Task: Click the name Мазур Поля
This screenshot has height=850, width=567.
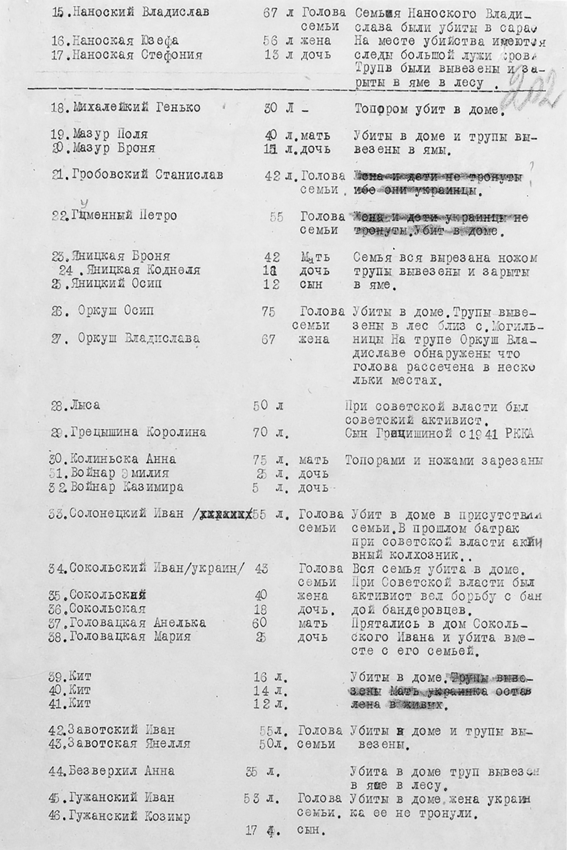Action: point(110,135)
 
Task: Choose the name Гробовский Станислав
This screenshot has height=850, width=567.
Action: point(147,175)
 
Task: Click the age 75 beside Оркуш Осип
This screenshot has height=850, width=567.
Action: point(268,312)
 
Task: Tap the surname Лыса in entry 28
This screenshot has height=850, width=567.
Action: point(86,406)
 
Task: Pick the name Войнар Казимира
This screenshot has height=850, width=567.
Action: point(127,488)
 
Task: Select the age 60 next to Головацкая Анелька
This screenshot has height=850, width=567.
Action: point(260,623)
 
